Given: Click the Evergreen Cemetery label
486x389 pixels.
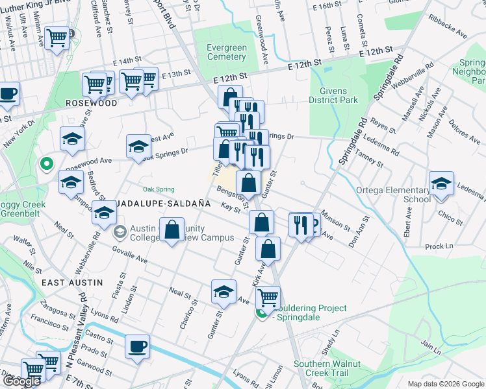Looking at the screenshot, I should point(226,52).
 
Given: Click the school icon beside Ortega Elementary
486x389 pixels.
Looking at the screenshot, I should point(441,183).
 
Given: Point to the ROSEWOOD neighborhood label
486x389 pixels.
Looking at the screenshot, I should point(91,103).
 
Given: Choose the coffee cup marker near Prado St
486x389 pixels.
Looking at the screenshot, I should point(137,346).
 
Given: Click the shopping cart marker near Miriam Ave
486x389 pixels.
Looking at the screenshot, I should point(57,38).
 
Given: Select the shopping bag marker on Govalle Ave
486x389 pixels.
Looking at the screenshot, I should point(172,230).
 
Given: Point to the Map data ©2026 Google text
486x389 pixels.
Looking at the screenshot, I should point(445,384).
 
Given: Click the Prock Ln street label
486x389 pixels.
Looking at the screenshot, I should point(439,246).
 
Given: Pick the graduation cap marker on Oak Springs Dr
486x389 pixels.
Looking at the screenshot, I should point(138,147).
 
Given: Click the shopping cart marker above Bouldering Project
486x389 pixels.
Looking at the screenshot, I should point(268,298).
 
